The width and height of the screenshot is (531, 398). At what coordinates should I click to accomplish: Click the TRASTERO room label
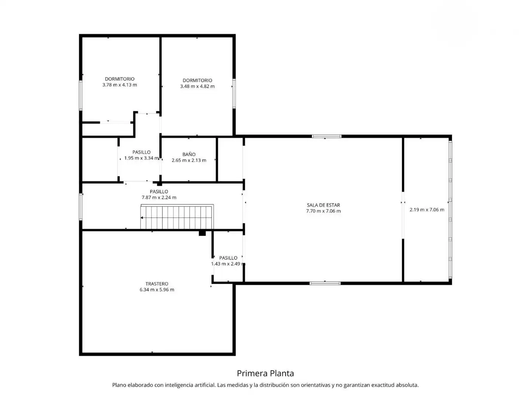click(x=156, y=283)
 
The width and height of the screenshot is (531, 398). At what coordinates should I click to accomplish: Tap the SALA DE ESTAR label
click(x=323, y=205)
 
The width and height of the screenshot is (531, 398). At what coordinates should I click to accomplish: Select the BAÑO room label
click(x=189, y=154)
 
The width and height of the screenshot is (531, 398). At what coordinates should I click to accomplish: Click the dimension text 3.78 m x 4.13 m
click(x=119, y=85)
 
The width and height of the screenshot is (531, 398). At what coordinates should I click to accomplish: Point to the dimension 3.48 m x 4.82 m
click(x=197, y=86)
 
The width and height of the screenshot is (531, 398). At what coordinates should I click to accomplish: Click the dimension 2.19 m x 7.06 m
click(x=427, y=210)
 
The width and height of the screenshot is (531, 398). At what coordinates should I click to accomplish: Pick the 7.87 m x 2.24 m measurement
click(x=159, y=198)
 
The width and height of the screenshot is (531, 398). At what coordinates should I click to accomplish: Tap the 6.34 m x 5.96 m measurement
click(x=156, y=290)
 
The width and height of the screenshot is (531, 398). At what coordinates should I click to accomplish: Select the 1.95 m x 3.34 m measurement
click(x=142, y=158)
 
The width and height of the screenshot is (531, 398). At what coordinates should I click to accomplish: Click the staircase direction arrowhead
click(x=142, y=218)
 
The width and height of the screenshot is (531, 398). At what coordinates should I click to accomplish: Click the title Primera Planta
click(x=265, y=373)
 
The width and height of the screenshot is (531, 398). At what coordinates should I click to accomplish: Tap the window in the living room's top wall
click(x=326, y=136)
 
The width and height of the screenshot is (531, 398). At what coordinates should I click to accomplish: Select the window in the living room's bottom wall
click(x=325, y=283)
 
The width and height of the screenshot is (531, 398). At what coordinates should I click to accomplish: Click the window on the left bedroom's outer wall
click(x=81, y=95)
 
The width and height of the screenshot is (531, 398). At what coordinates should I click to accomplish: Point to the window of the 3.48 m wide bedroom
click(x=234, y=94)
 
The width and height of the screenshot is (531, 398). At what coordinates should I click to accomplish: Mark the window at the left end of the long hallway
click(x=81, y=207)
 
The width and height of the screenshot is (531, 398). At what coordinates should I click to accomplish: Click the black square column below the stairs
click(x=202, y=233)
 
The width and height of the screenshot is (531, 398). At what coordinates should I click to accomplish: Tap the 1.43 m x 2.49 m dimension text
click(x=228, y=264)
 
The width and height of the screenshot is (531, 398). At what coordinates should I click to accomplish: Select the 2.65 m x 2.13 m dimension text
click(x=189, y=160)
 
